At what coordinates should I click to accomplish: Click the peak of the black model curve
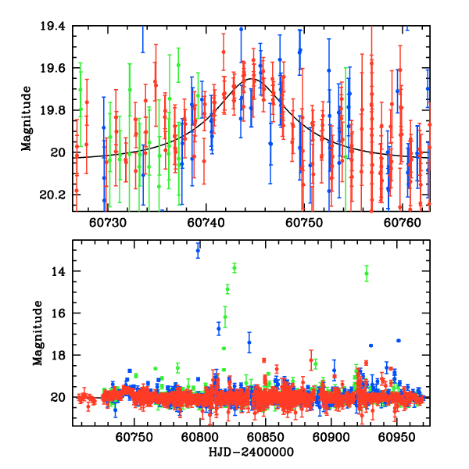click(254, 78)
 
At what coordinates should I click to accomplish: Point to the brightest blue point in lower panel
click(198, 251)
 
